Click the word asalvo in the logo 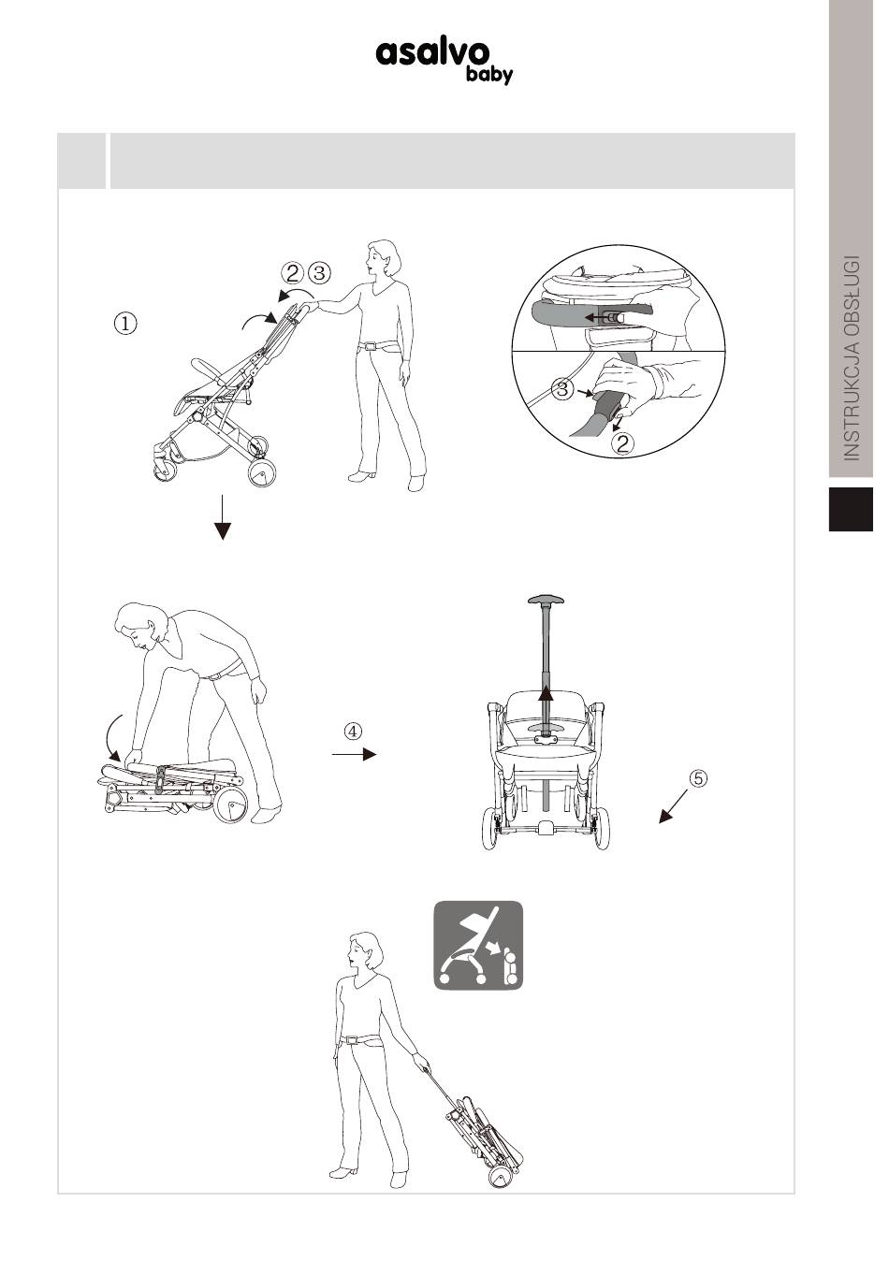coord(432,52)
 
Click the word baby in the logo coord(488,75)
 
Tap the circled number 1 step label coord(125,323)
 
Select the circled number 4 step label coord(353,731)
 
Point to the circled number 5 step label coord(697,778)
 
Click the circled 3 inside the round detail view coord(561,388)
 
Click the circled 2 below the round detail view coord(622,443)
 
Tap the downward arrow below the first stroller coord(223,517)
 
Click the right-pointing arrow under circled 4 coord(354,754)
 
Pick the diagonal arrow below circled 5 coord(674,806)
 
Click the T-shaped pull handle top coord(547,601)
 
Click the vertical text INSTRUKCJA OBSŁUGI coord(853,358)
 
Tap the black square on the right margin coord(851,509)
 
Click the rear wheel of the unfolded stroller coord(262,471)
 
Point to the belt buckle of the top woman coord(369,346)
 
